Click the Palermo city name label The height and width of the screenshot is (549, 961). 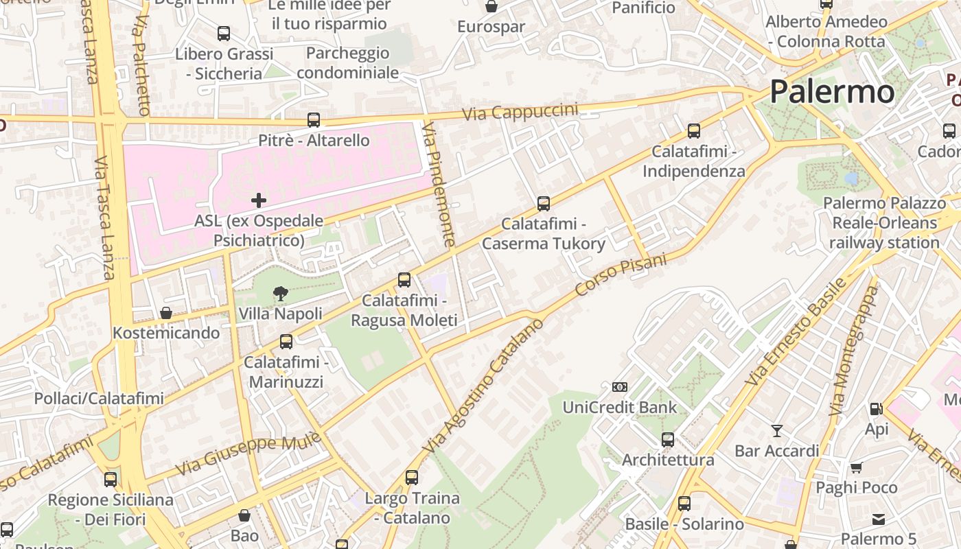tap(832, 91)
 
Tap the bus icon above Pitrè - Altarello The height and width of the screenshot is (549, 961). tap(314, 120)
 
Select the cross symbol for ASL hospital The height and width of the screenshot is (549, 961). tap(259, 200)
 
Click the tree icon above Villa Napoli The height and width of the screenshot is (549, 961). tap(280, 294)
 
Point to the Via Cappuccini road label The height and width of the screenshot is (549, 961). tap(520, 113)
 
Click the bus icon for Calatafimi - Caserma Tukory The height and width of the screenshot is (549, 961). tap(544, 204)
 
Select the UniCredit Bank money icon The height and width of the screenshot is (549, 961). tap(619, 387)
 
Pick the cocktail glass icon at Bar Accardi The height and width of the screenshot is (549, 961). tap(776, 431)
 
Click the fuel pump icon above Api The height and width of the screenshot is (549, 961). tap(876, 409)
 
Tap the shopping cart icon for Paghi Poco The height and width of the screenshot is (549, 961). tap(856, 468)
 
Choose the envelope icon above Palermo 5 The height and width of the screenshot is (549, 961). tap(879, 519)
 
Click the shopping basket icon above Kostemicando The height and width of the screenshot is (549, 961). tap(166, 313)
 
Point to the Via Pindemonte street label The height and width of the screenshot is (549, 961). tap(439, 184)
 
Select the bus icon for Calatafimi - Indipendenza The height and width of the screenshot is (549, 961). tap(694, 131)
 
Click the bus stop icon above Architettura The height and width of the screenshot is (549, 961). tap(668, 440)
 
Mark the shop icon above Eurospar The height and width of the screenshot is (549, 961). tap(491, 7)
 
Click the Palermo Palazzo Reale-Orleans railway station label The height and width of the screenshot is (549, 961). tap(884, 223)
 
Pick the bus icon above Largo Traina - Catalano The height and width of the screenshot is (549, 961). tap(412, 478)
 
